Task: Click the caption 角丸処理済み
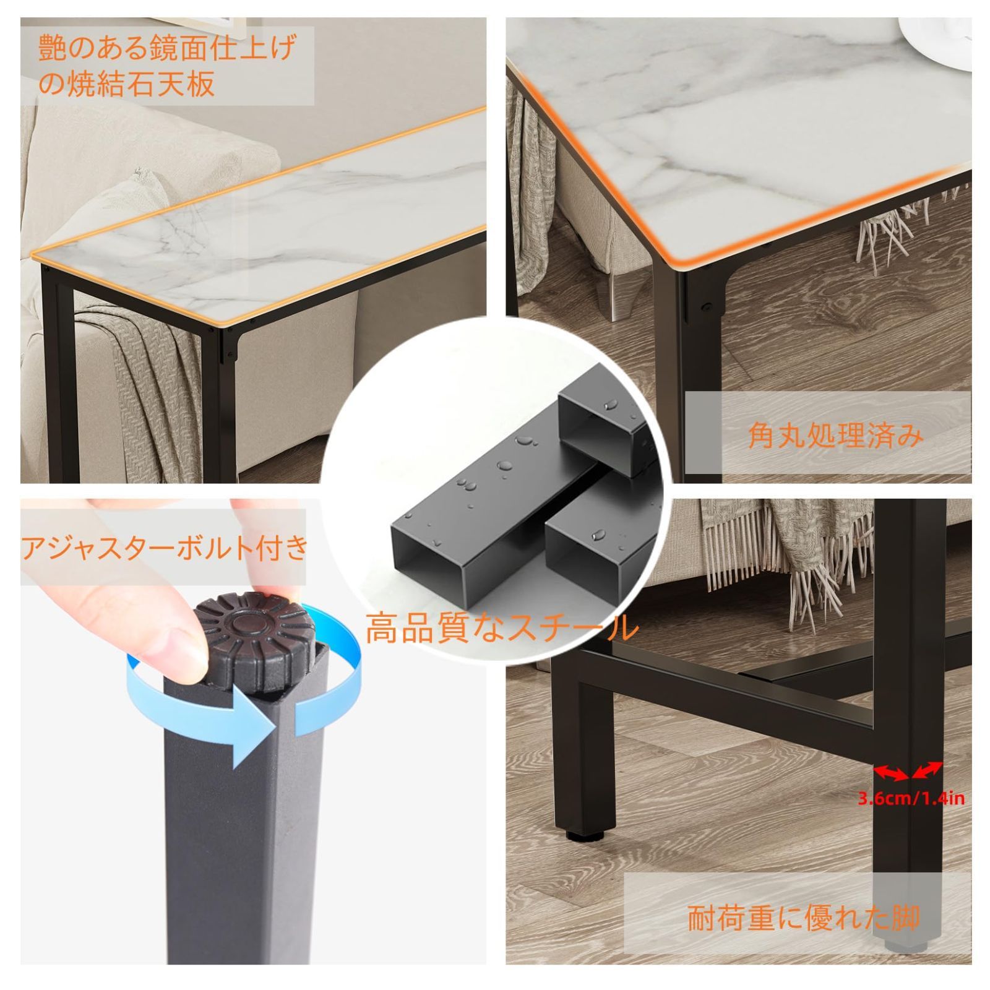coord(835,436)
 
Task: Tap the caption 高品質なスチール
coord(501,627)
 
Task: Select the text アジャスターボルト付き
coord(165,548)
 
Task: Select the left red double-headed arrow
coord(890,772)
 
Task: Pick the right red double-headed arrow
coord(927,770)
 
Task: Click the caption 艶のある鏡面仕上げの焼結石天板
coord(167,65)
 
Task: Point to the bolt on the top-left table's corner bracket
coord(231,355)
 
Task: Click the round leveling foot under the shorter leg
coord(583,835)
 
